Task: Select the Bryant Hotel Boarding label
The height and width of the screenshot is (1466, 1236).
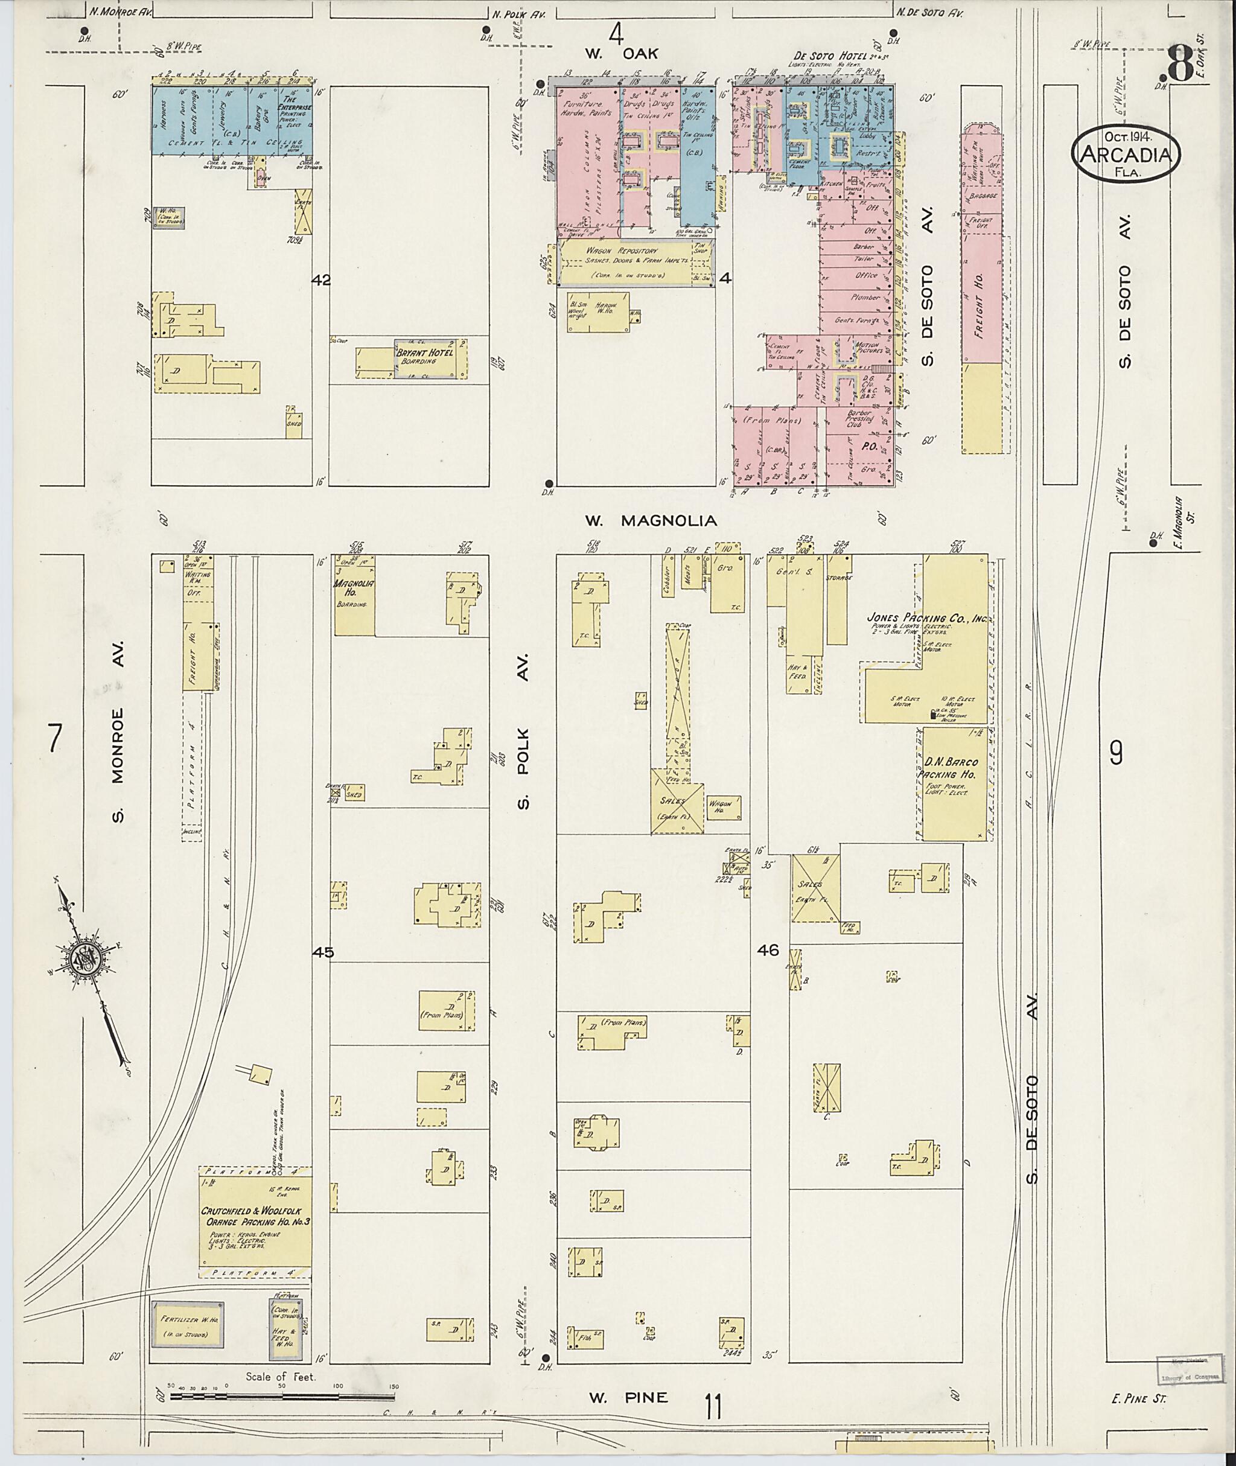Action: [x=426, y=357]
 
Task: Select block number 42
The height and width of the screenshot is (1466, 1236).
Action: [x=321, y=280]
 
